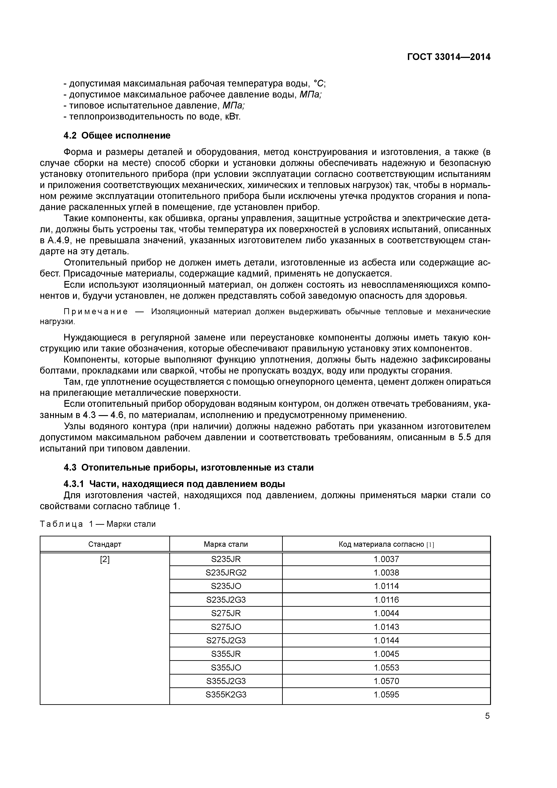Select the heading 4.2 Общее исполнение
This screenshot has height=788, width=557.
tap(117, 136)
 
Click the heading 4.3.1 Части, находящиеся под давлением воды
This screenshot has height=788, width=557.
tap(174, 484)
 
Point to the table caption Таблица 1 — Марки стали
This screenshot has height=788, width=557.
tap(98, 524)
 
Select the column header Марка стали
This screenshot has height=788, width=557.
tap(226, 544)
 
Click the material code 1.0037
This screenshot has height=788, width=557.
tap(387, 559)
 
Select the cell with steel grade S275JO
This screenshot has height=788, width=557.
tap(226, 627)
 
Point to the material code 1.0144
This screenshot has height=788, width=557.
tap(387, 640)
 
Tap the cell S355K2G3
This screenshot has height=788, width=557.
tap(226, 695)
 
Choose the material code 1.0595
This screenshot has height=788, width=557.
tap(387, 695)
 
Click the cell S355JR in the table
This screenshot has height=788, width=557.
tap(226, 654)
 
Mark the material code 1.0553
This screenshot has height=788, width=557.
tap(387, 668)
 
